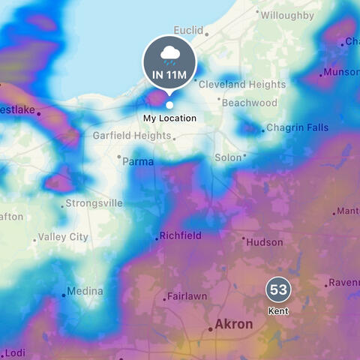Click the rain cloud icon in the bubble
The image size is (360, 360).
(169, 54)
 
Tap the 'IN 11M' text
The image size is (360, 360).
(169, 74)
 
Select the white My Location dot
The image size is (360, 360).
(169, 105)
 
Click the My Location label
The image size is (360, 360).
(169, 118)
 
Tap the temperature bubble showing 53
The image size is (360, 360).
(278, 289)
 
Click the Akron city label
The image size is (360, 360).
(233, 325)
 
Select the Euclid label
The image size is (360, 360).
(188, 30)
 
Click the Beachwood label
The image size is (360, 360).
(250, 103)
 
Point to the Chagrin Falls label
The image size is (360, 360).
(298, 128)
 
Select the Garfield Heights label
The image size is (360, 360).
(132, 136)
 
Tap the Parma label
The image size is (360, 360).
(138, 161)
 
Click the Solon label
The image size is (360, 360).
(228, 158)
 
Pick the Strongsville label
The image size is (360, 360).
(94, 203)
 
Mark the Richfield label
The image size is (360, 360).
(181, 235)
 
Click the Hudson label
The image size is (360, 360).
(265, 242)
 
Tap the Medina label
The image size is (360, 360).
(85, 291)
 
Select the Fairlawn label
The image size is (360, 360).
(187, 296)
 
